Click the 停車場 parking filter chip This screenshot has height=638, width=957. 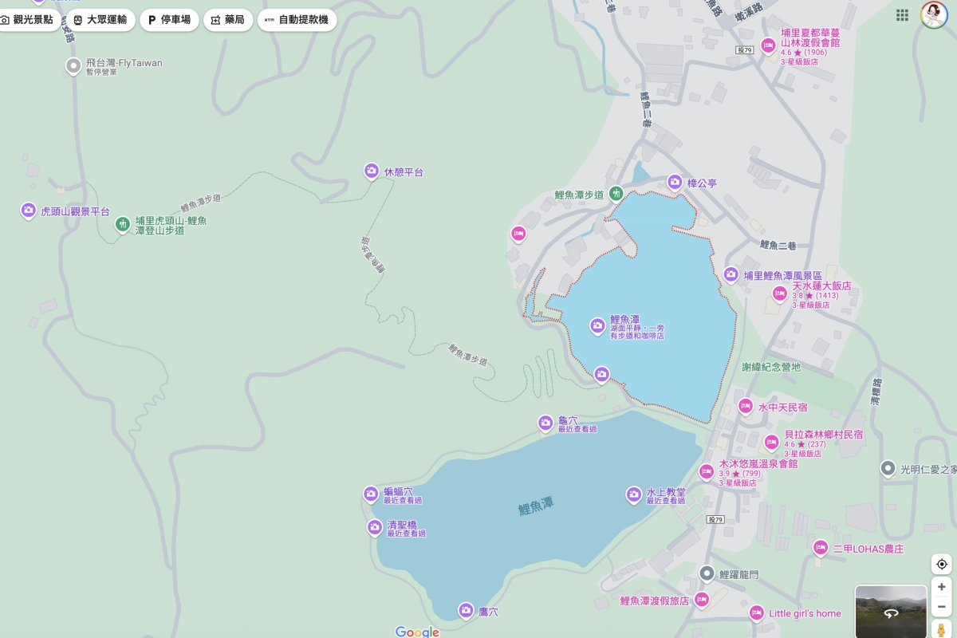[169, 20]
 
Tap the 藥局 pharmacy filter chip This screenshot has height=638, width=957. [227, 20]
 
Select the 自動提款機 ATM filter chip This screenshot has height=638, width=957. [297, 20]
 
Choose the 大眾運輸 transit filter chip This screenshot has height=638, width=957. [100, 20]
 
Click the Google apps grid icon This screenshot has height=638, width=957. [902, 15]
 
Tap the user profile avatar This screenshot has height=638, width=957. [934, 15]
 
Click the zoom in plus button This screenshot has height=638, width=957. [942, 586]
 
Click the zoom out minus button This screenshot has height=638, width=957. [942, 607]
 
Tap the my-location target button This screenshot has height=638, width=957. [942, 564]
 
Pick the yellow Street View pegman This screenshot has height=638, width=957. [942, 630]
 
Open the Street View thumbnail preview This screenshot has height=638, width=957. [891, 612]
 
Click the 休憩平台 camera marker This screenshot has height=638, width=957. [372, 171]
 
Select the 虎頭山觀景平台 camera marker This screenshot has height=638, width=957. [29, 211]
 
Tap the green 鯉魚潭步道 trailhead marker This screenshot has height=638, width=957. [616, 193]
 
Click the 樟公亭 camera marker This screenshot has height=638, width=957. [675, 183]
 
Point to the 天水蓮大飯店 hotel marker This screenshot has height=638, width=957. [780, 294]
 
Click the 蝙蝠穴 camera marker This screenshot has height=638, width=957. [371, 494]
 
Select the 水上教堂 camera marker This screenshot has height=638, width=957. [634, 494]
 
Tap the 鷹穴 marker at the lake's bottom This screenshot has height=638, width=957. [466, 611]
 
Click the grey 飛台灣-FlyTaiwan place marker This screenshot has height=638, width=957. [73, 65]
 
